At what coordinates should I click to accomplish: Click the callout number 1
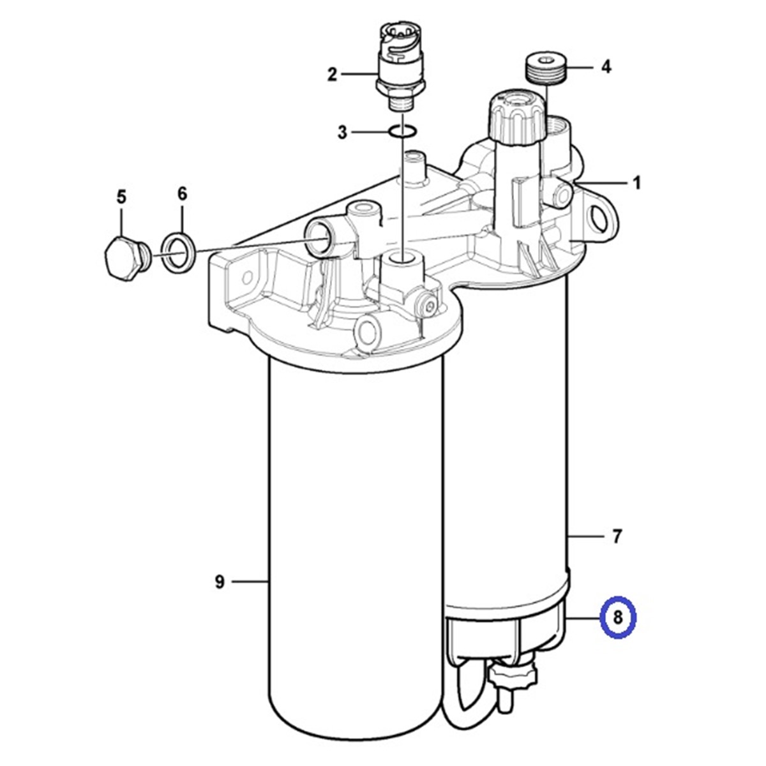point(636,183)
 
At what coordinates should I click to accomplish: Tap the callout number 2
point(331,75)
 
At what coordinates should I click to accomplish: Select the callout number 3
point(343,132)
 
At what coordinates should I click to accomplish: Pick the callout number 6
point(182,193)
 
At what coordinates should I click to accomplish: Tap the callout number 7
point(617,537)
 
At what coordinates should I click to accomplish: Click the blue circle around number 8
point(617,617)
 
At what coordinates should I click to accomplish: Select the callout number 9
point(220,582)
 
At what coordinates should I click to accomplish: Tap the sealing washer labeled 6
point(178,252)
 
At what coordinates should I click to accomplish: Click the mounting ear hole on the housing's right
point(600,219)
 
